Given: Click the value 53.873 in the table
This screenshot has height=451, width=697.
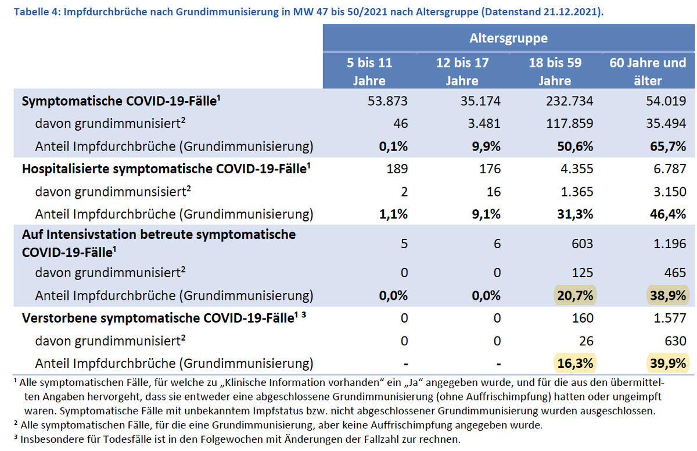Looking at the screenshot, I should (x=387, y=101).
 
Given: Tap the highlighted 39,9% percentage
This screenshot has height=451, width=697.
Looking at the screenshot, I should (x=667, y=364).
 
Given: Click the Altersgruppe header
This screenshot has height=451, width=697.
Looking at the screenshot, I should (x=508, y=38).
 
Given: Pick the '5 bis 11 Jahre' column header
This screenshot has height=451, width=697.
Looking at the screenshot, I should (x=369, y=71).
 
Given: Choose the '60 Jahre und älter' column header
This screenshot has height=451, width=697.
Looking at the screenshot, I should (x=648, y=71).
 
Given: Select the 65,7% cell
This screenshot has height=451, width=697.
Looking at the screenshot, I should (x=667, y=145).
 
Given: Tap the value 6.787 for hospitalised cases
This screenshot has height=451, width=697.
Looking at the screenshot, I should (x=670, y=169).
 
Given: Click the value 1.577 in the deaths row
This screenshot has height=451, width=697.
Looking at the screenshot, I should (x=670, y=318).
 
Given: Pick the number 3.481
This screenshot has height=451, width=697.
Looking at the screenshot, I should (x=484, y=123).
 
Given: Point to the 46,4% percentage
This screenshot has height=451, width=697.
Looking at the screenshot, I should (x=667, y=214).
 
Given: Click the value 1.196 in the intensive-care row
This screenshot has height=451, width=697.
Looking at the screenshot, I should (x=670, y=244).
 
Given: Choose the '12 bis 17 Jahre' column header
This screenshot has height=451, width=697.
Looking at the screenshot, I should (x=462, y=71).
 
